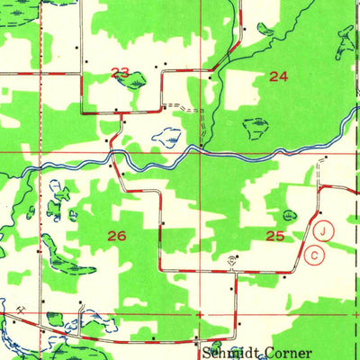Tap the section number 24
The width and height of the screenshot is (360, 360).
279,76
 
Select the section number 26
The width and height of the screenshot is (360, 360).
117,236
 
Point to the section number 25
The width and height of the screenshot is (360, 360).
276,236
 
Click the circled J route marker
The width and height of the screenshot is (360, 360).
325,229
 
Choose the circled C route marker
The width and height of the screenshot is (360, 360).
314,255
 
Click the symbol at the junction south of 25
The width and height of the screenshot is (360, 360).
232,261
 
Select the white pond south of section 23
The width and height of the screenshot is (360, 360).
166,139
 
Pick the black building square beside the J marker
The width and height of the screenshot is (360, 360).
319,212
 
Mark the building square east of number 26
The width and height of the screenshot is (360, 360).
163,222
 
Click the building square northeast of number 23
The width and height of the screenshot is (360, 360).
164,66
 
